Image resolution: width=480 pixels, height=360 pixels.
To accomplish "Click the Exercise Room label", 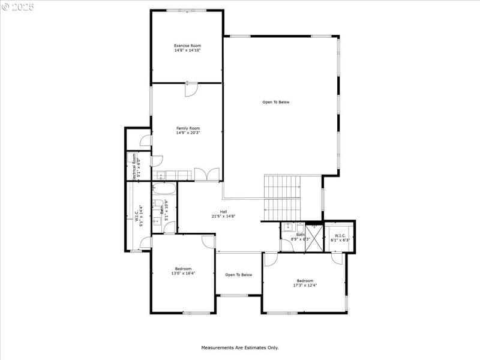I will click(187, 46).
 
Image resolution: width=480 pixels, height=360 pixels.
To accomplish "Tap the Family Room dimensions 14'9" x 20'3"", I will click(188, 133).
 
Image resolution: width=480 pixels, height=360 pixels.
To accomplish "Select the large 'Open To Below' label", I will click(276, 102).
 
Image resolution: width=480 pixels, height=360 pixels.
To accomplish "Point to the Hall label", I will click(223, 212).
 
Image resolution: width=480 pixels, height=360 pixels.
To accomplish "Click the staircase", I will click(282, 198).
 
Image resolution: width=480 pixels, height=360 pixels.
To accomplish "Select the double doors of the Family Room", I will click(209, 175).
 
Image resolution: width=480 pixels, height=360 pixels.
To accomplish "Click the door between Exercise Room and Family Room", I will click(190, 89).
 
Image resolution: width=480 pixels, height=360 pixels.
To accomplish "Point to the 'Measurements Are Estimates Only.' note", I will click(239, 347).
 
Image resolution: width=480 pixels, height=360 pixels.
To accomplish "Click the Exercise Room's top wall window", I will click(187, 10).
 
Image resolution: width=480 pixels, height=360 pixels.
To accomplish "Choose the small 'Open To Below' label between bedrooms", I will click(239, 275).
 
